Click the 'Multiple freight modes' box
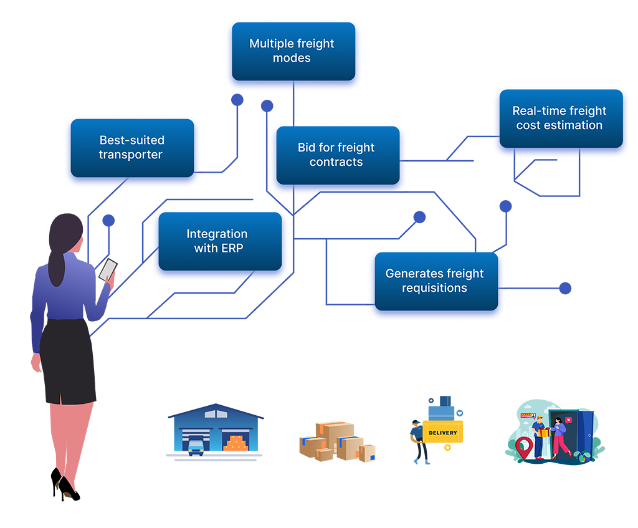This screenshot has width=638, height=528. (292, 51)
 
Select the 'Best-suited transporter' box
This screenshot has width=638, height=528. (131, 148)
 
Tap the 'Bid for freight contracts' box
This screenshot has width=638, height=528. (336, 155)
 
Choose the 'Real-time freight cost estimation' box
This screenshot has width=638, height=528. (559, 118)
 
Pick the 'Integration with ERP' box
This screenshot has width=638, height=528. (217, 241)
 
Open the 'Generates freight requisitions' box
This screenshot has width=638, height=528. (434, 281)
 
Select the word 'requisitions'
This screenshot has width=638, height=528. (434, 288)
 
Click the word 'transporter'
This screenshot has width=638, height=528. (131, 155)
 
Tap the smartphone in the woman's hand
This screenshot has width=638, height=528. (108, 269)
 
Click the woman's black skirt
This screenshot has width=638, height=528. (68, 362)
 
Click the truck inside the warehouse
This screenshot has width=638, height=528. (196, 445)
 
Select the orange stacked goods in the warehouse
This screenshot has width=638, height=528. (236, 444)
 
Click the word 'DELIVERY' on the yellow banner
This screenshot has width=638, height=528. (443, 433)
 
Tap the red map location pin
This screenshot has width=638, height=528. (524, 447)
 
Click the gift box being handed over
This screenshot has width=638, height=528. (545, 432)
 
